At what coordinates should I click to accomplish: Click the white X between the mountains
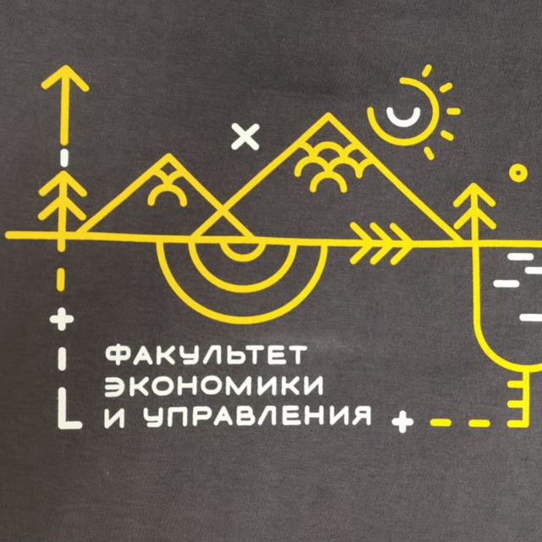245,136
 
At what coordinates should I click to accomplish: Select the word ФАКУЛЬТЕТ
206,355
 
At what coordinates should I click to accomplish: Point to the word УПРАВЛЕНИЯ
257,416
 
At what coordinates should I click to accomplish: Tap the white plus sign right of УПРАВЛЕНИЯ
403,422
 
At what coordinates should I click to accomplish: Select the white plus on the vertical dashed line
62,319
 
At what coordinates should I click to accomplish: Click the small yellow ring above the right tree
517,173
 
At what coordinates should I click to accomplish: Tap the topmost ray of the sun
427,70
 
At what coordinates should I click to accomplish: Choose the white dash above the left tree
64,158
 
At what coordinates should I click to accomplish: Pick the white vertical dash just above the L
62,359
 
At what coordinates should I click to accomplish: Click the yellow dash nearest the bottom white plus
440,423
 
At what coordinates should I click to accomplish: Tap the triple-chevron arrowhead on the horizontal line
382,244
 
